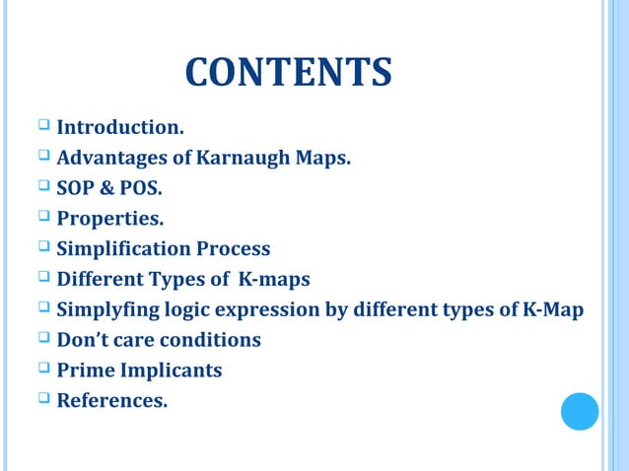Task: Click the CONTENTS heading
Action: pyautogui.click(x=288, y=73)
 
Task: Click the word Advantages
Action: pyautogui.click(x=110, y=158)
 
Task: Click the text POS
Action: pyautogui.click(x=139, y=188)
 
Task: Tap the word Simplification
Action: pyautogui.click(x=123, y=249)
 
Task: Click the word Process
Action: pyautogui.click(x=232, y=249)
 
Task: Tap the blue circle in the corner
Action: pyautogui.click(x=580, y=411)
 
